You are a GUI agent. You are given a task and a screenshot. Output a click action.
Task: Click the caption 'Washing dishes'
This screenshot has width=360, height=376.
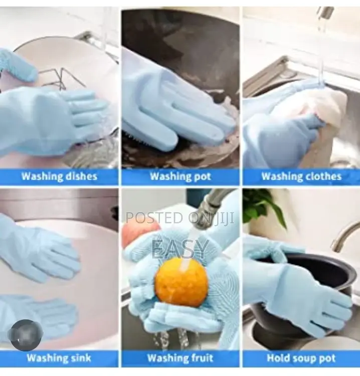(x=59, y=176)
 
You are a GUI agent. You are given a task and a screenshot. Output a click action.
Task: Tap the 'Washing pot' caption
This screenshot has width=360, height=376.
(x=181, y=176)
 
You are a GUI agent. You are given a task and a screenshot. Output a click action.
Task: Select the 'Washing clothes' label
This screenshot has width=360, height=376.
(x=301, y=176)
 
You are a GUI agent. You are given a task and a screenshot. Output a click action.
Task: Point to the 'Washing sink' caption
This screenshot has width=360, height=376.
(x=59, y=358)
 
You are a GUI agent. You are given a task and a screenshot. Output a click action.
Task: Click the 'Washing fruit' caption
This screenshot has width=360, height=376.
(x=181, y=358)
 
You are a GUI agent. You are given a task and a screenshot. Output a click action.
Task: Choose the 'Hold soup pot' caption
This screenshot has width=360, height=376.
(x=301, y=358)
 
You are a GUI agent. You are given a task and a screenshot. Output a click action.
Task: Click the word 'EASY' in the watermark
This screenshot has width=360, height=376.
(x=181, y=249)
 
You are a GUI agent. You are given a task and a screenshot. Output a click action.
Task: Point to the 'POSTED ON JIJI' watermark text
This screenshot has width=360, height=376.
(x=181, y=218)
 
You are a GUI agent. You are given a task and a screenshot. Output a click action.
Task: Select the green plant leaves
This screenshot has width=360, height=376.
(x=261, y=206)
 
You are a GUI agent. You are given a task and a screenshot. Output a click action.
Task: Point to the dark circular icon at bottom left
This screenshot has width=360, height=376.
(x=26, y=334)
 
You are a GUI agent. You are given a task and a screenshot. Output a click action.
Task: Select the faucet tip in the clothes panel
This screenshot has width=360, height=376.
(x=325, y=13)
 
